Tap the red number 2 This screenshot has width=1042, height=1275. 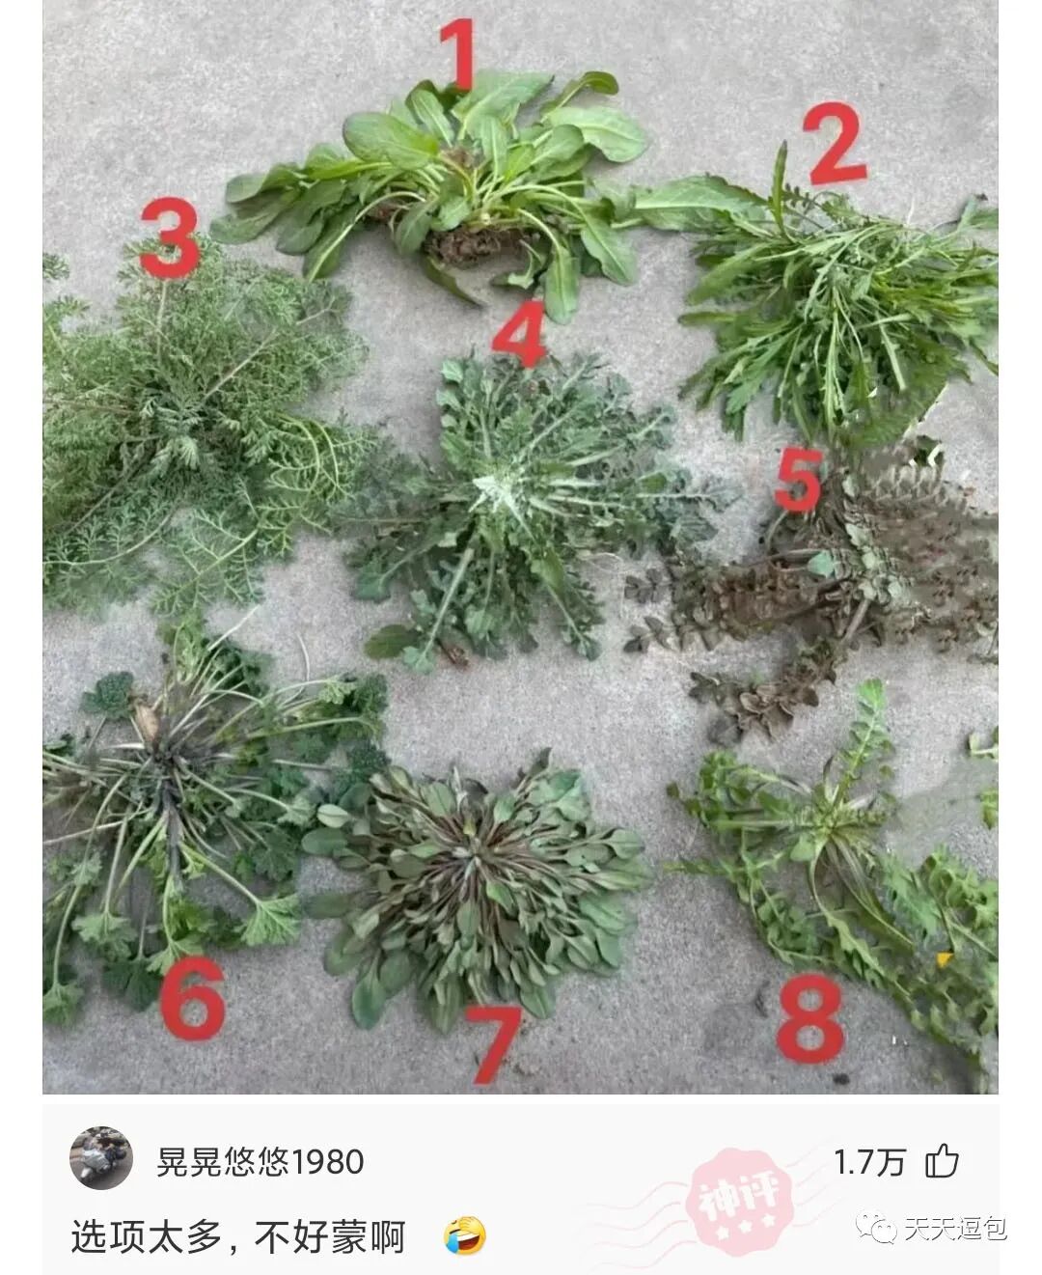[835, 143]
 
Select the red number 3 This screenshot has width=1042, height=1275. [170, 237]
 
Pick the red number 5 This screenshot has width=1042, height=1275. [799, 481]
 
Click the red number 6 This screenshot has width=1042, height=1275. [192, 998]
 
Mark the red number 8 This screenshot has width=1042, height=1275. [809, 1018]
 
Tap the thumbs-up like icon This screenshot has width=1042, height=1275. [942, 1161]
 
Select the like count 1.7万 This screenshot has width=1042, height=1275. [869, 1162]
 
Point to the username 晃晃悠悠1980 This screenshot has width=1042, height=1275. [260, 1161]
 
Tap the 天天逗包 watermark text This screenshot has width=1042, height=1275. [955, 1228]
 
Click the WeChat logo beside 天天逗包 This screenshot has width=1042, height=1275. [876, 1229]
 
